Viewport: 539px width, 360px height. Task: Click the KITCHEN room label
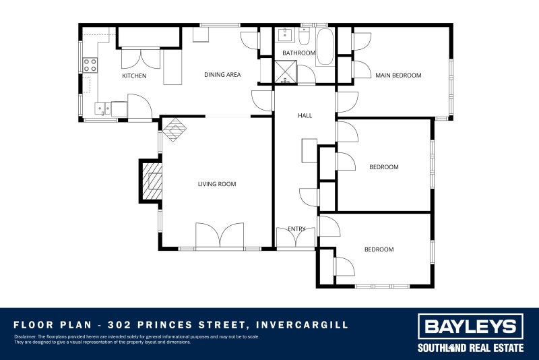pos(134,76)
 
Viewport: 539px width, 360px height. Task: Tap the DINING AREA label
pos(222,75)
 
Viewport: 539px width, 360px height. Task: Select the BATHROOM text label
pos(298,53)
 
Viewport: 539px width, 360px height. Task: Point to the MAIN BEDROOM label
pos(398,76)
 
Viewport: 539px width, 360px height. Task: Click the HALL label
pos(305,116)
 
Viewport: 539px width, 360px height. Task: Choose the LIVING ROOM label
pos(216,183)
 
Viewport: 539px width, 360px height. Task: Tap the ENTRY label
pos(296,229)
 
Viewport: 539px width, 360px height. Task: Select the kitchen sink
pos(103,107)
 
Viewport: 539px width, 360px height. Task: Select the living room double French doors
pos(220,237)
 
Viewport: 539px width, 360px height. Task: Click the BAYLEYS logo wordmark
pos(470,328)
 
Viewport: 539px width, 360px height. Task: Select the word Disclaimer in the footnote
pos(25,336)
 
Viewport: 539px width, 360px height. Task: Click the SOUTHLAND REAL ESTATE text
pos(470,348)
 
